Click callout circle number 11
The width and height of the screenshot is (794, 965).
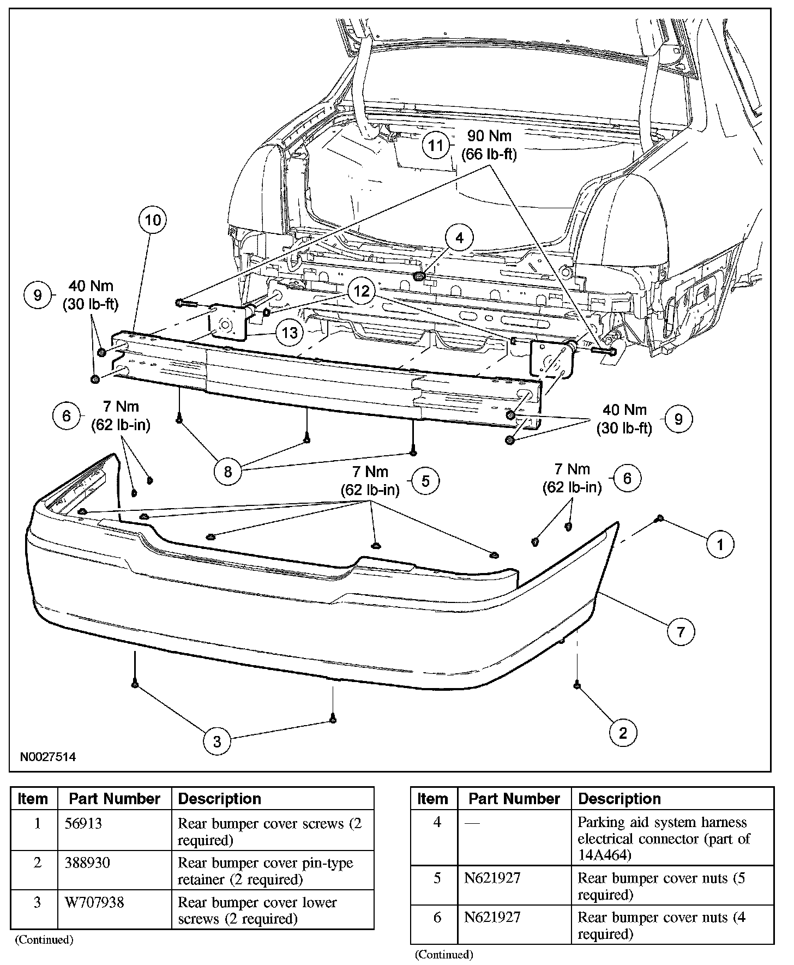point(436,146)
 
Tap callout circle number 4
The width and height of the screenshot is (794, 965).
point(459,238)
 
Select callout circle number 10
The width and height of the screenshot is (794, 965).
point(153,220)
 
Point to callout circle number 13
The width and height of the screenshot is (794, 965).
point(290,331)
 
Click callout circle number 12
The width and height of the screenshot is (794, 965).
point(362,291)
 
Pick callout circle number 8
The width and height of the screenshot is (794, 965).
point(227,471)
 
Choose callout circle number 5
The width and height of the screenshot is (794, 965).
point(425,480)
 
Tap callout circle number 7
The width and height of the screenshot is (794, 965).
point(681,632)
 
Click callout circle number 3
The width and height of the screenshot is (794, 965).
point(216,741)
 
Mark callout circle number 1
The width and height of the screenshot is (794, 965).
point(720,544)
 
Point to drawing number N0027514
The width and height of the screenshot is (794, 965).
point(48,757)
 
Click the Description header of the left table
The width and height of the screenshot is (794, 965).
point(220,799)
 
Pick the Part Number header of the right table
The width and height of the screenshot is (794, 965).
point(514,799)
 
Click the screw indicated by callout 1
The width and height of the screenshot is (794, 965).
point(659,518)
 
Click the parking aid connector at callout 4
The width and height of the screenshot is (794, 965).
point(419,276)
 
